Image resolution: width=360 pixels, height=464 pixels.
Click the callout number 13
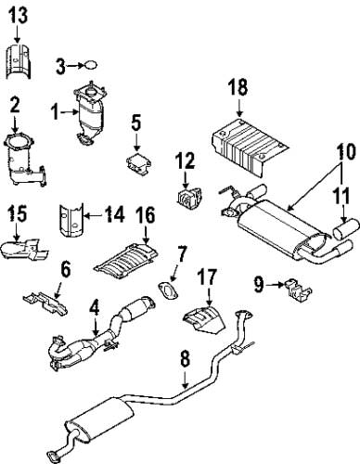(x=18, y=16)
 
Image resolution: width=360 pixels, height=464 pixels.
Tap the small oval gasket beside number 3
(x=90, y=65)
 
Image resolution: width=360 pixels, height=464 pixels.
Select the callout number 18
(x=238, y=87)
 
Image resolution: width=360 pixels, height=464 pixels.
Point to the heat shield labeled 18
(x=251, y=147)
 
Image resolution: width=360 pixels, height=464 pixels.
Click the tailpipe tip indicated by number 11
(x=346, y=227)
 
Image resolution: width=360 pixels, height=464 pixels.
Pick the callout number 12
(x=186, y=161)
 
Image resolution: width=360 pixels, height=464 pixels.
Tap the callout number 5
(x=136, y=122)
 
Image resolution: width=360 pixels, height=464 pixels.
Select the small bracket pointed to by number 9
(x=297, y=290)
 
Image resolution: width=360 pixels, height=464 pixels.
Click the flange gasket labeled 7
(x=168, y=290)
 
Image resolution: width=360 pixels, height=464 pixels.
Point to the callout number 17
(x=207, y=277)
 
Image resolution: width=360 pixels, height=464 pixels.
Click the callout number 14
(x=114, y=214)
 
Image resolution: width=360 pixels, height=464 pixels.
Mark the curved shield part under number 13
(x=19, y=61)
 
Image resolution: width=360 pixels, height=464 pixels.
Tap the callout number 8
(x=185, y=359)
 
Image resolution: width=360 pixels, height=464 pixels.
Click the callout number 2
(x=15, y=105)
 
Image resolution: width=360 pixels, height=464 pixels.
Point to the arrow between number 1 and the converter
(x=70, y=112)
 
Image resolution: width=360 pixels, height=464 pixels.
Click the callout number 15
(x=18, y=214)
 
